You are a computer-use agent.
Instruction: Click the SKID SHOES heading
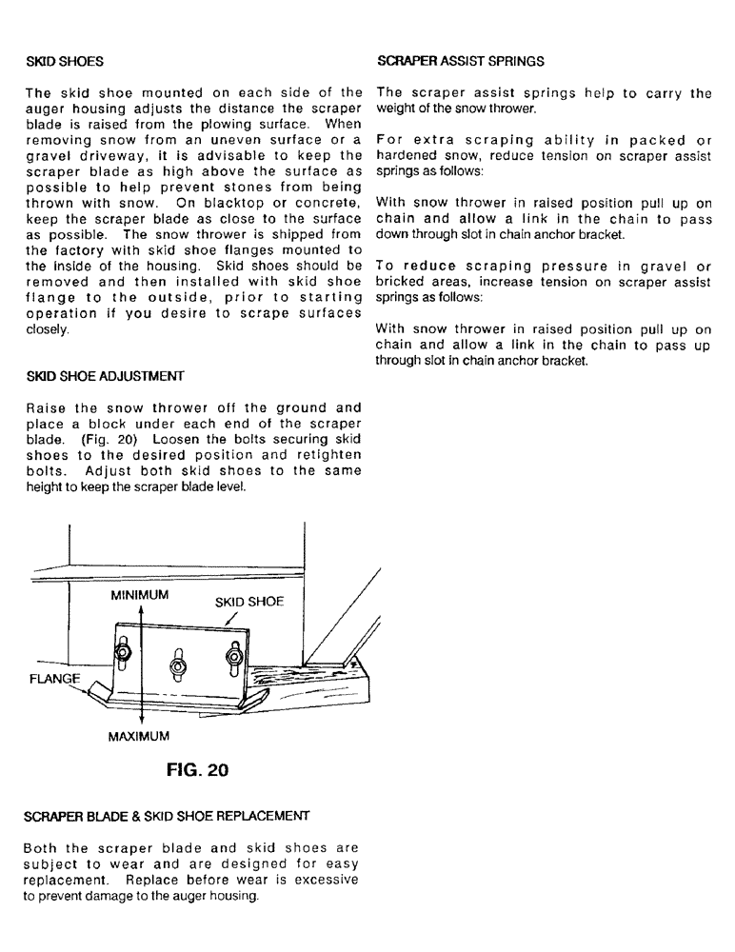(65, 62)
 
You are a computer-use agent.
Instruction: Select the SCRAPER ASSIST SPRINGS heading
(461, 61)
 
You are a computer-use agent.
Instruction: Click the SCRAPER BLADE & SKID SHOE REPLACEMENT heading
(167, 816)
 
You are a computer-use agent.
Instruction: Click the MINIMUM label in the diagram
(139, 595)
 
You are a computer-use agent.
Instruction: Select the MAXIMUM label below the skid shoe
(138, 737)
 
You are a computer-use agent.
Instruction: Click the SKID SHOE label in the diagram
(248, 602)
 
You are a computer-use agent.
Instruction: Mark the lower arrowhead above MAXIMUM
(141, 722)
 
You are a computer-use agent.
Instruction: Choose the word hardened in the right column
(407, 155)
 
